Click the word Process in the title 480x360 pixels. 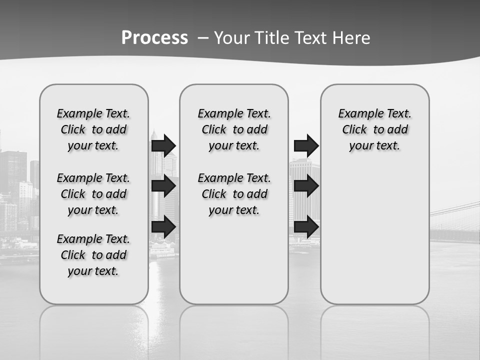point(154,38)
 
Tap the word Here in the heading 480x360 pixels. point(351,38)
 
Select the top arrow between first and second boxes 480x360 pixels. point(163,145)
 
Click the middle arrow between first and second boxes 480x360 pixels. point(163,186)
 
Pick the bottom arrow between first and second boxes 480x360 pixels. point(163,227)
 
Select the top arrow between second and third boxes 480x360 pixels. point(306,145)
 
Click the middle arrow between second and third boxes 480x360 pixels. point(306,186)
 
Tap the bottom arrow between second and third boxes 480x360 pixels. point(306,227)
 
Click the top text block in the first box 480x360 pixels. point(93,129)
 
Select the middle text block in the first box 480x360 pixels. point(93,194)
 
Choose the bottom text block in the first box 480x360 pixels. point(93,255)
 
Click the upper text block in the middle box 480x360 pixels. point(234,129)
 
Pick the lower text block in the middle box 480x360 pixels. point(234,194)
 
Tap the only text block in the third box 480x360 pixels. point(374,129)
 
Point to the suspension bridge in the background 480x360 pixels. point(455,220)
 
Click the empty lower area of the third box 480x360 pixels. point(374,235)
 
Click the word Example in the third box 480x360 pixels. point(357,113)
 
